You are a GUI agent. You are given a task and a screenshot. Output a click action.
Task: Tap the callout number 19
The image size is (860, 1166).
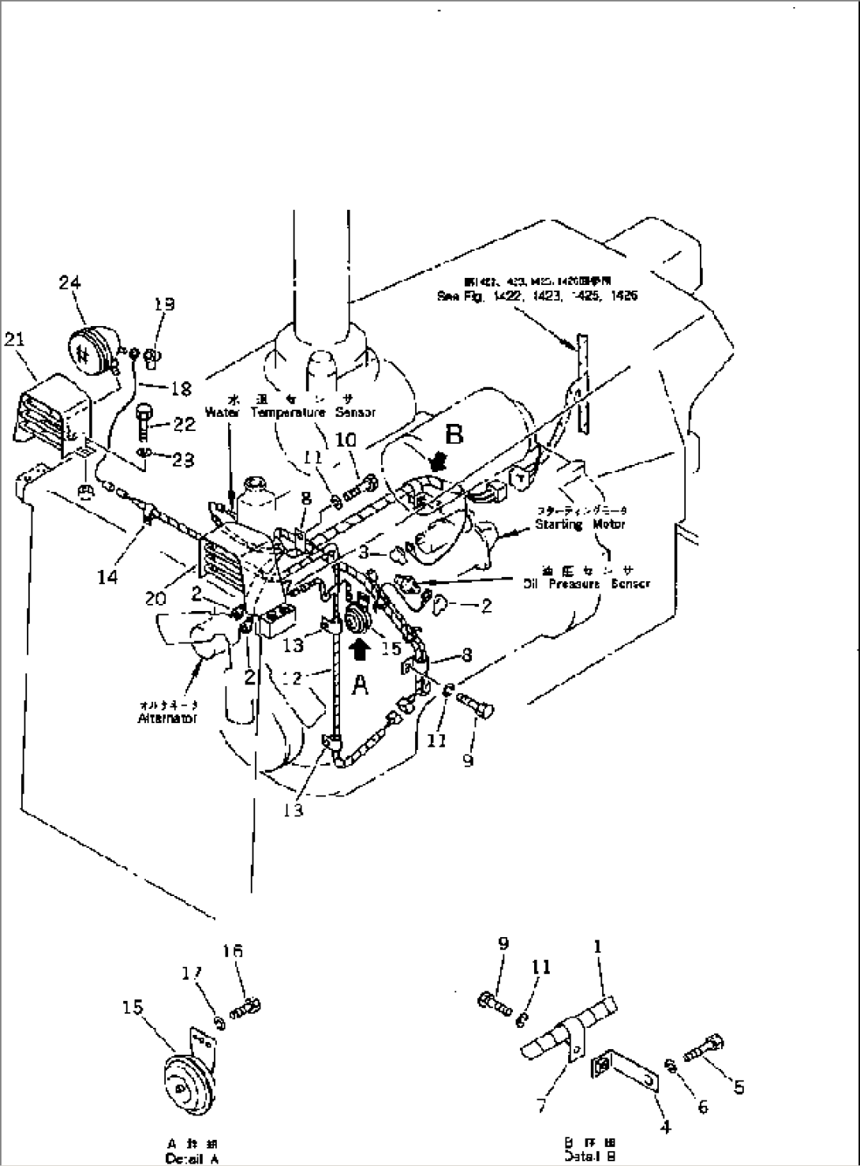coord(164,305)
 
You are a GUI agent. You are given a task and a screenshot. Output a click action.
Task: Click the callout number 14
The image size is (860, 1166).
coord(107,577)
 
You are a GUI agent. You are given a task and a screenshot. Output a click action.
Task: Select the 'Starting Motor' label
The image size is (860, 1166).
coord(580,523)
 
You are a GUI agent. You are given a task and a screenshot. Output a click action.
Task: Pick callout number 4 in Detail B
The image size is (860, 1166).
coord(666,1127)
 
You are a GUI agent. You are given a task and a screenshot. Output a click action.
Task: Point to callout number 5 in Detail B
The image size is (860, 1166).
coord(738,1087)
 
